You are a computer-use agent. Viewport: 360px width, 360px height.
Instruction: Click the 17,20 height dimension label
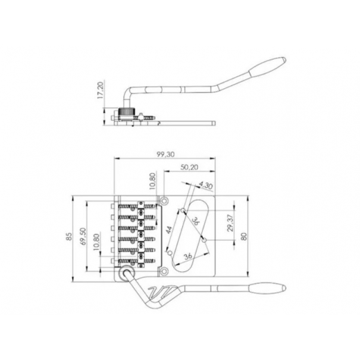pyautogui.click(x=101, y=90)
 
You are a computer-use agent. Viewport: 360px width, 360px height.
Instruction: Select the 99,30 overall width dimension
pyautogui.click(x=165, y=154)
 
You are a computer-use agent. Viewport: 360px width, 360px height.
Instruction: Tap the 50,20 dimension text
pyautogui.click(x=189, y=167)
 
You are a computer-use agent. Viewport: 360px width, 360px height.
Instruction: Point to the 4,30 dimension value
pyautogui.click(x=206, y=185)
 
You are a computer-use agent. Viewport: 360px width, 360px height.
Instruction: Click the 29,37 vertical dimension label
pyautogui.click(x=231, y=223)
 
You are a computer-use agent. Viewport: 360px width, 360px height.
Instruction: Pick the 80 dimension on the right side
pyautogui.click(x=244, y=236)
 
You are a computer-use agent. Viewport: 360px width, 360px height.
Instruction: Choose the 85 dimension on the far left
pyautogui.click(x=69, y=236)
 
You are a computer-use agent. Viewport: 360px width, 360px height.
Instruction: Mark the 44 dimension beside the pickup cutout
pyautogui.click(x=169, y=230)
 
